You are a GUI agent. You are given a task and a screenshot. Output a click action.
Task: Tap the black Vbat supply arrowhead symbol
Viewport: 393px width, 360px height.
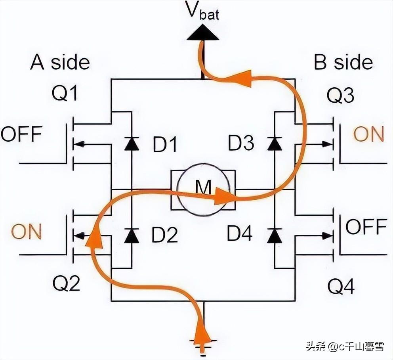[x=203, y=33]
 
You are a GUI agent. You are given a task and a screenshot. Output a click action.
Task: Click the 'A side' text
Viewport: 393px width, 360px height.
[x=60, y=63]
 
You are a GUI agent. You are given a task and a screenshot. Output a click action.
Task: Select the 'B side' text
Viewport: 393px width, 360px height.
[x=343, y=63]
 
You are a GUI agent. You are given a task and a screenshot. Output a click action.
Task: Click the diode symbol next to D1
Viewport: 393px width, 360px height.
[x=131, y=144]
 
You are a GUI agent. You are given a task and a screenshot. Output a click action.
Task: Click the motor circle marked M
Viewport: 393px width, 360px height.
[x=203, y=190]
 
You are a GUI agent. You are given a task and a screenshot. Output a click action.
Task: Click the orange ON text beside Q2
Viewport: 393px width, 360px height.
[x=26, y=232]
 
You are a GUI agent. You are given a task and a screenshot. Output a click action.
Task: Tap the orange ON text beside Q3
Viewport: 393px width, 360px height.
[x=368, y=135]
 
